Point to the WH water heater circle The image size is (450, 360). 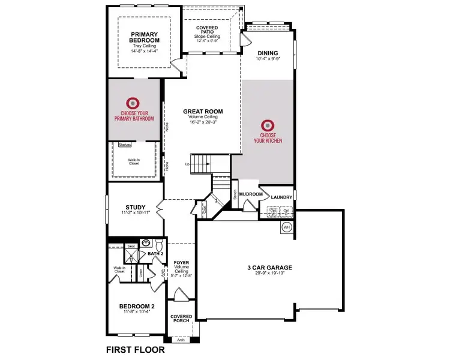[x=286, y=227]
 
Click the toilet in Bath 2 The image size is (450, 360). [x=159, y=245]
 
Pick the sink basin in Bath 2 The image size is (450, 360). [x=145, y=244]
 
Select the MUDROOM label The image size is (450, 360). [x=250, y=194]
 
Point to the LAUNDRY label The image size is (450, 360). [x=281, y=197]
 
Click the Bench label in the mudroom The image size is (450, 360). [x=235, y=194]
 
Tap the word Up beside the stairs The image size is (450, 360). [x=187, y=164]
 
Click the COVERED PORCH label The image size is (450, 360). [x=181, y=318]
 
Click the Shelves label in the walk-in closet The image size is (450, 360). [x=124, y=145]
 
